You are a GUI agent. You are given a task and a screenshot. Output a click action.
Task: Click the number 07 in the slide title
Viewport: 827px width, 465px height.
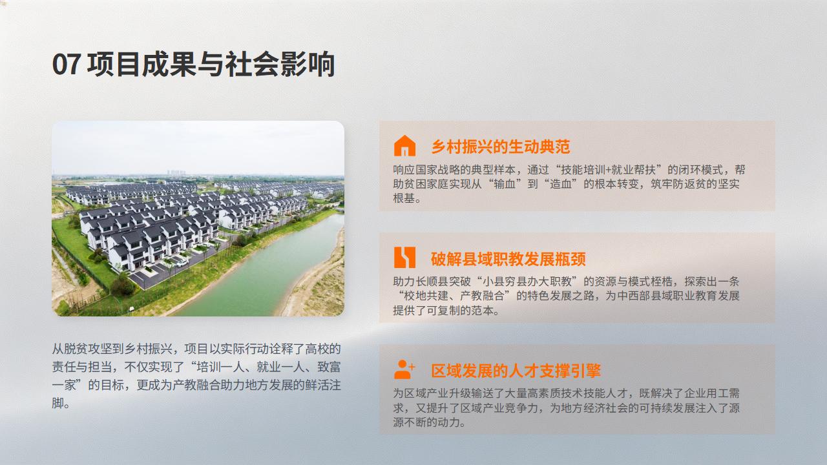tap(66, 64)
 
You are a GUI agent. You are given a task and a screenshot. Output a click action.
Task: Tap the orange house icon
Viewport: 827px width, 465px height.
tap(404, 145)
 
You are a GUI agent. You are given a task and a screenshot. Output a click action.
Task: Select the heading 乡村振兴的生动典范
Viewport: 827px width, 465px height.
tap(501, 147)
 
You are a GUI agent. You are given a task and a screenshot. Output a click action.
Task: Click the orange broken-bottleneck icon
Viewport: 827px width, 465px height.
tap(404, 257)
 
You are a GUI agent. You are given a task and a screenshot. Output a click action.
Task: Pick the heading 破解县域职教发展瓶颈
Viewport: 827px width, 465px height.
tap(508, 259)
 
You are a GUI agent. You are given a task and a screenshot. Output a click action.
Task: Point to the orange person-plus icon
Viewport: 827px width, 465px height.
tap(404, 369)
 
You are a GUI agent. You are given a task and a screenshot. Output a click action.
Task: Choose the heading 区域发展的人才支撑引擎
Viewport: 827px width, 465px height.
tap(516, 371)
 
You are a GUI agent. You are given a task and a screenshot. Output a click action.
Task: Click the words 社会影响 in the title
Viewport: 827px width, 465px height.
tap(280, 64)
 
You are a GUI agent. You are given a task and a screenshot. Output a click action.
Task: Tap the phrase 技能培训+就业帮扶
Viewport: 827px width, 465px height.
tap(609, 170)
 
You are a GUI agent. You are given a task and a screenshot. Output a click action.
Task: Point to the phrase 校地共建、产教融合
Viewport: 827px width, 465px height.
tap(454, 296)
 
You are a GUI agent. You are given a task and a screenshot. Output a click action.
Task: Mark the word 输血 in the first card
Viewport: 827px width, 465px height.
tap(505, 184)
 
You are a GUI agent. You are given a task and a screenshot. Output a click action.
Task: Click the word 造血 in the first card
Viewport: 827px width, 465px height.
tap(561, 184)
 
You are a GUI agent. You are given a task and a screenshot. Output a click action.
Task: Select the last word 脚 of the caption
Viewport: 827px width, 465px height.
tap(58, 403)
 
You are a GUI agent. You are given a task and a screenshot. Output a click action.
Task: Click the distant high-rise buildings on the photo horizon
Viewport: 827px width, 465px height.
tap(176, 172)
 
